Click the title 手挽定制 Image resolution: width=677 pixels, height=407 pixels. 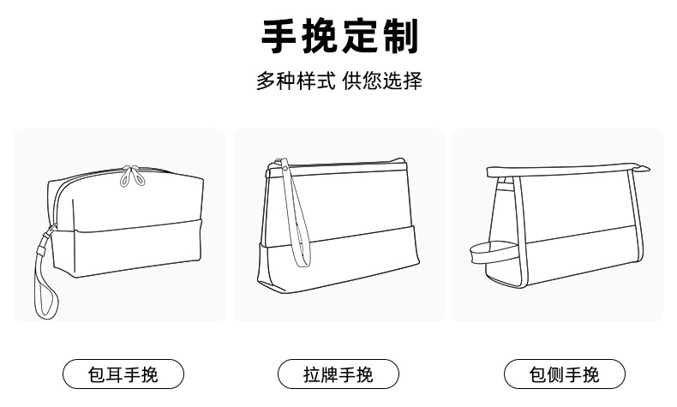click(x=339, y=37)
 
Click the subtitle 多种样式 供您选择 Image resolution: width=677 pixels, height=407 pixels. click(x=339, y=82)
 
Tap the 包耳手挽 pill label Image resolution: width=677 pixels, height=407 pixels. click(x=123, y=374)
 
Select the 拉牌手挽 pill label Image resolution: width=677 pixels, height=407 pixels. click(x=338, y=374)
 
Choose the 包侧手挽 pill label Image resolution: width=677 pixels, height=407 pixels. click(x=564, y=374)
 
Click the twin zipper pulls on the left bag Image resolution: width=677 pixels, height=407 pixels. click(x=130, y=176)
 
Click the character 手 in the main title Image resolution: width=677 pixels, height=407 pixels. click(x=279, y=37)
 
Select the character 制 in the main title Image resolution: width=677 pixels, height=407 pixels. click(x=399, y=37)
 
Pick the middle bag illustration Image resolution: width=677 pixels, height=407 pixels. click(x=339, y=227)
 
